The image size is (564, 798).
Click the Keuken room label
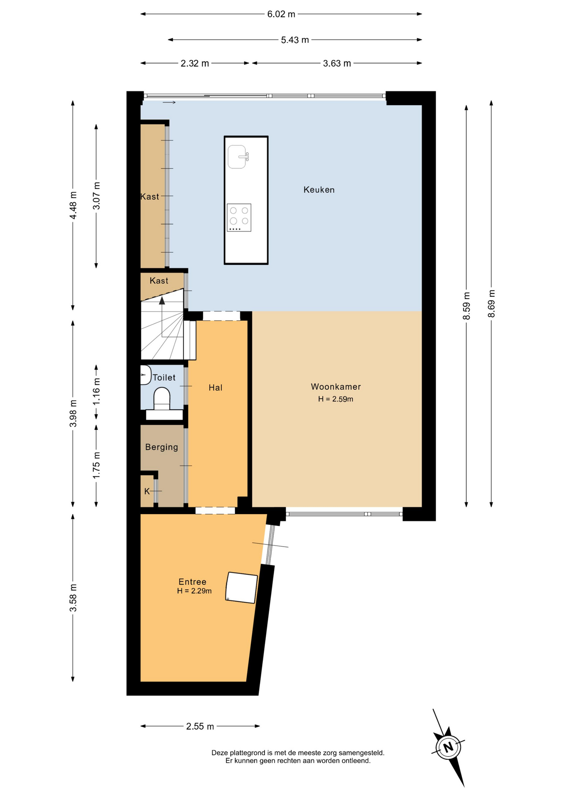[319, 190]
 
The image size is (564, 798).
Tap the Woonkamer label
[336, 387]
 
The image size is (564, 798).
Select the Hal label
[216, 388]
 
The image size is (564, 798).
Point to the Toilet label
[164, 378]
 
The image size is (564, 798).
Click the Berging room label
[162, 447]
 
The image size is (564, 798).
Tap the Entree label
[192, 582]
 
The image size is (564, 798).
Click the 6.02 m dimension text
[281, 14]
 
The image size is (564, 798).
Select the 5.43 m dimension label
[295, 40]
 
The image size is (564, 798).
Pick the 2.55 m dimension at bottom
[200, 726]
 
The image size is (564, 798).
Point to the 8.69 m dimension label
[491, 303]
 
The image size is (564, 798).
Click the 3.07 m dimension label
[96, 196]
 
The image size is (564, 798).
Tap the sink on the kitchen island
[238, 157]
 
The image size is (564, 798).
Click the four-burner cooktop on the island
[239, 217]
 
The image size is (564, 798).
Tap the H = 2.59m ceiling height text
[336, 399]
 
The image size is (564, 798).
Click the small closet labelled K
[147, 491]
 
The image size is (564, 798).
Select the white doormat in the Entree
[241, 588]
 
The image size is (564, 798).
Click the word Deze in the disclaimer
[220, 753]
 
